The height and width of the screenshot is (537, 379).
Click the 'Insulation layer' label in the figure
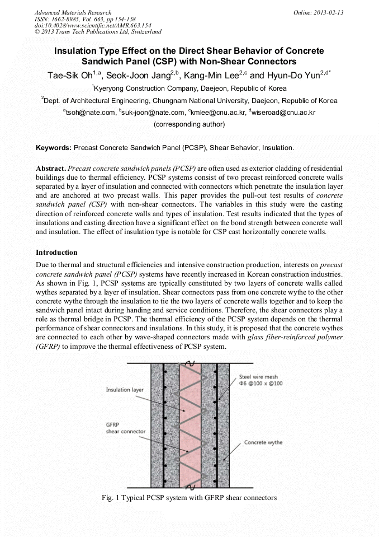click(x=126, y=390)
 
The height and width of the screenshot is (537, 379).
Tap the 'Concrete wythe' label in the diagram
click(x=263, y=442)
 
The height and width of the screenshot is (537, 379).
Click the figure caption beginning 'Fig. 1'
click(x=190, y=497)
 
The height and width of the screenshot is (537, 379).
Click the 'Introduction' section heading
click(x=58, y=253)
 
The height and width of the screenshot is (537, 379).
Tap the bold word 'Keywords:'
click(x=54, y=148)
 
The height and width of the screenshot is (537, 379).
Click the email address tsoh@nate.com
click(x=89, y=113)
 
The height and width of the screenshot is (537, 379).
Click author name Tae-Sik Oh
click(x=70, y=75)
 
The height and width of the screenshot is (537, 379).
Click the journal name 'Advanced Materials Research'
click(x=73, y=12)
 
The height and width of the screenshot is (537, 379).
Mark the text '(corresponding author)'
click(x=189, y=124)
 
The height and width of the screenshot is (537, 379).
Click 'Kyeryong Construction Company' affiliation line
click(x=190, y=88)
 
